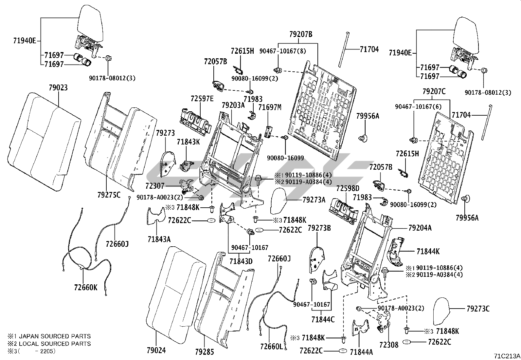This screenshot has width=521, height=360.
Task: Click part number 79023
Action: [x=58, y=88]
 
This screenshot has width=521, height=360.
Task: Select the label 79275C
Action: [x=109, y=195]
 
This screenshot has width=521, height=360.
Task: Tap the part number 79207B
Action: [x=300, y=34]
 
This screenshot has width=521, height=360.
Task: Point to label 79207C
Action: [x=434, y=92]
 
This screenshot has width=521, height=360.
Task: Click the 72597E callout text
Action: [x=202, y=99]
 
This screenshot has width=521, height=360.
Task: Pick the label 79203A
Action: [x=233, y=105]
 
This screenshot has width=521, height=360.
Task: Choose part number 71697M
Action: [x=270, y=107]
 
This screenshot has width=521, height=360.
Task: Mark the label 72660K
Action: [x=86, y=287]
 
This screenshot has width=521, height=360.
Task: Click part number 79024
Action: [x=156, y=351]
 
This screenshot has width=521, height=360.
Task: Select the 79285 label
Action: [x=204, y=352]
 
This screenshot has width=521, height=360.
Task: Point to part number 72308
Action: [x=389, y=344]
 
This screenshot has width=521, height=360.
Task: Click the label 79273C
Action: [x=478, y=309]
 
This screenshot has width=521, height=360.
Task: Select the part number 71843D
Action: [x=241, y=261]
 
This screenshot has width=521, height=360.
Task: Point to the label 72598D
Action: [x=348, y=189]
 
